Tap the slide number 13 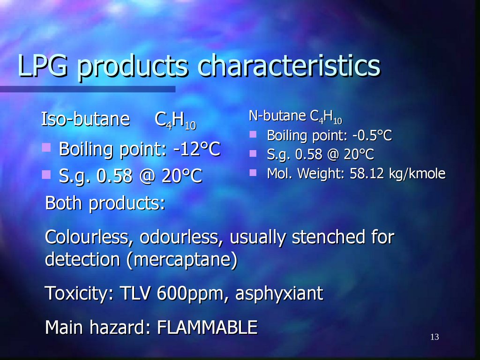(x=434, y=337)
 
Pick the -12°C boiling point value (x=196, y=150)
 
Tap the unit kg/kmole (x=417, y=173)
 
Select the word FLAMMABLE (x=207, y=327)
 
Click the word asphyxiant (x=279, y=293)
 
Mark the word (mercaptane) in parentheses (x=181, y=259)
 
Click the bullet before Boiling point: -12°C (x=46, y=148)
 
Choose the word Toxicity (x=79, y=293)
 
